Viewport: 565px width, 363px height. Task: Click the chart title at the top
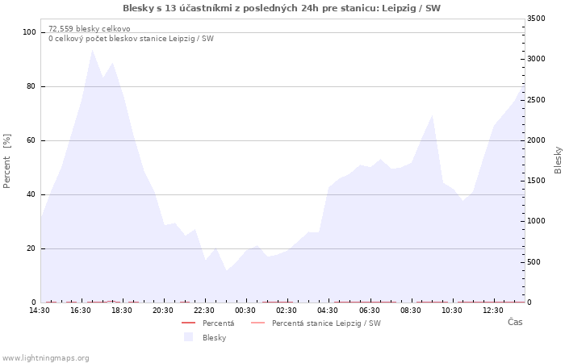coord(282,8)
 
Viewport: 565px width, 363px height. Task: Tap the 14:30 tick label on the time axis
coord(40,311)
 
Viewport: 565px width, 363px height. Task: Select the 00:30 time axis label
coord(245,311)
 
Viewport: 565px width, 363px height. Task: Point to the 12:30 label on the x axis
coord(493,311)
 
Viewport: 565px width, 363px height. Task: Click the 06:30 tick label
coord(370,311)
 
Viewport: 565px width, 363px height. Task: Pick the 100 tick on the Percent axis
coord(30,32)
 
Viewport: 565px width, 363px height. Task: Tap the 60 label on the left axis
coord(31,140)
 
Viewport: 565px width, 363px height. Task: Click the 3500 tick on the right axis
coord(536,19)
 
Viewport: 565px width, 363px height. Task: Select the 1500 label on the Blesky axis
coord(536,181)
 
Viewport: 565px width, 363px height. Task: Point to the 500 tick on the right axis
coord(534,262)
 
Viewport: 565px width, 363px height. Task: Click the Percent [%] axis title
coord(6,161)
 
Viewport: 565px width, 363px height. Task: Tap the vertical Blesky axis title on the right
coord(558,161)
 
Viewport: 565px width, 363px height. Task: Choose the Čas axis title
coord(515,322)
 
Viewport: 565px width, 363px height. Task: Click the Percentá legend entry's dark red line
coord(188,323)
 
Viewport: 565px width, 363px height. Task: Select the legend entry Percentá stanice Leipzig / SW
coord(316,323)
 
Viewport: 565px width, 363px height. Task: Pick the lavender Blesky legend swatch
coord(188,337)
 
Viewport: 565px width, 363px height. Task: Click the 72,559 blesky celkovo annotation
coord(90,29)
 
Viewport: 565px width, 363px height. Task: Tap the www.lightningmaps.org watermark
coord(44,358)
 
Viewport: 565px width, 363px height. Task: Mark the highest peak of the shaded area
coord(92,49)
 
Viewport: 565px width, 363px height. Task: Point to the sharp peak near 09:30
coord(432,115)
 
